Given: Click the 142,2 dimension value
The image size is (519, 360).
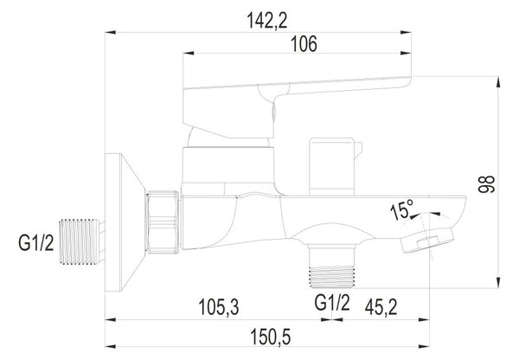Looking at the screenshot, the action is (x=267, y=21).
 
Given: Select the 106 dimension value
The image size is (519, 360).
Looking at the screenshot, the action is (x=304, y=44).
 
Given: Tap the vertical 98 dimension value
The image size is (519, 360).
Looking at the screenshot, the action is (x=486, y=184).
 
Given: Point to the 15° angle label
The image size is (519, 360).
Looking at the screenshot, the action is (x=402, y=209).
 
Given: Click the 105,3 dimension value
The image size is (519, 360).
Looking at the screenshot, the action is (x=219, y=307).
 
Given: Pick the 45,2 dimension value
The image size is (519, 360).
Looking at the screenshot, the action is (x=381, y=307).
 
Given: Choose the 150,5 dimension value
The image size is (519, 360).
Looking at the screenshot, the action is (x=271, y=337).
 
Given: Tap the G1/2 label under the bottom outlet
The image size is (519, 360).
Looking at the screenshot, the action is (x=332, y=302).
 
